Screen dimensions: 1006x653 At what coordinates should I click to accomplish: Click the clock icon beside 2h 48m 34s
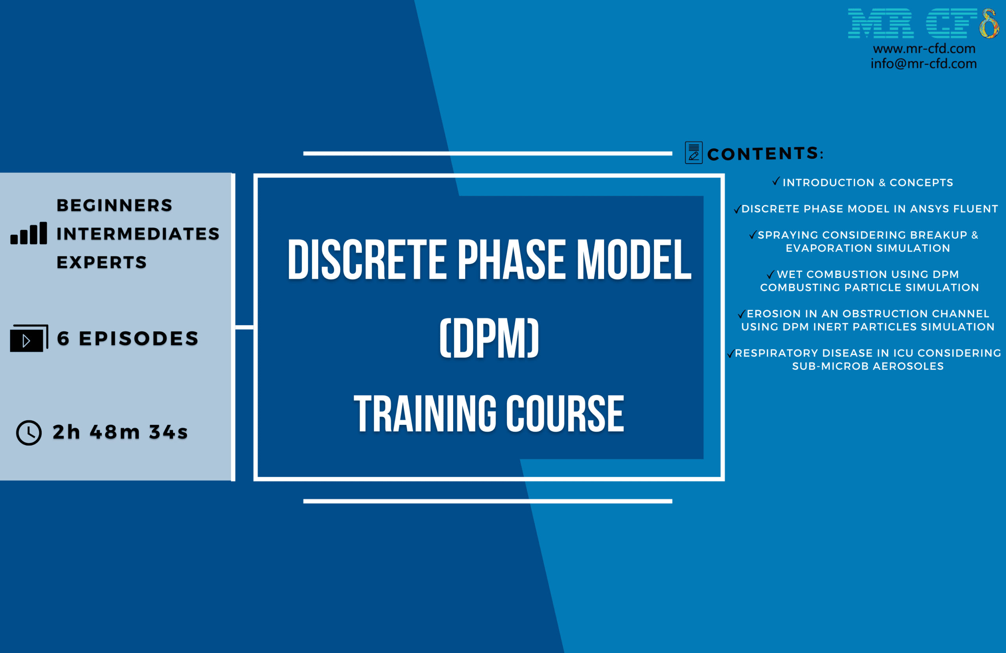[x=29, y=432]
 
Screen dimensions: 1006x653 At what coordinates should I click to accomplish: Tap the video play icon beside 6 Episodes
[x=29, y=338]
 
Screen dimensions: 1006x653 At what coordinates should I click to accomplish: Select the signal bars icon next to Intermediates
[x=29, y=233]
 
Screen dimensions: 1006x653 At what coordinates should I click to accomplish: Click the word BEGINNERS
[x=114, y=205]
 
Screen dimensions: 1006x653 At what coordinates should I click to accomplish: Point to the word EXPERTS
[x=102, y=262]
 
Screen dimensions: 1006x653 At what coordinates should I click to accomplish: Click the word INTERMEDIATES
[x=138, y=234]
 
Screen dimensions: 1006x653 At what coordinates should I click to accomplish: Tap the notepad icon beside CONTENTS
[x=694, y=152]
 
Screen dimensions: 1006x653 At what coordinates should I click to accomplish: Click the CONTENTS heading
[x=766, y=154]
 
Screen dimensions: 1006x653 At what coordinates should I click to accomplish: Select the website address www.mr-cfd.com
[x=924, y=49]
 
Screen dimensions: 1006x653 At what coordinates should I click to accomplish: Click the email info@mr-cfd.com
[x=923, y=63]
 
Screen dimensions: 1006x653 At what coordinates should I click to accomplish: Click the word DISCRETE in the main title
[x=367, y=259]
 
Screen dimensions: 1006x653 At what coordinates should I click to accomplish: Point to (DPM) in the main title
[x=489, y=338]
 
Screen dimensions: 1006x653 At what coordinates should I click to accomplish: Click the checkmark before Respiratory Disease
[x=731, y=353]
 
